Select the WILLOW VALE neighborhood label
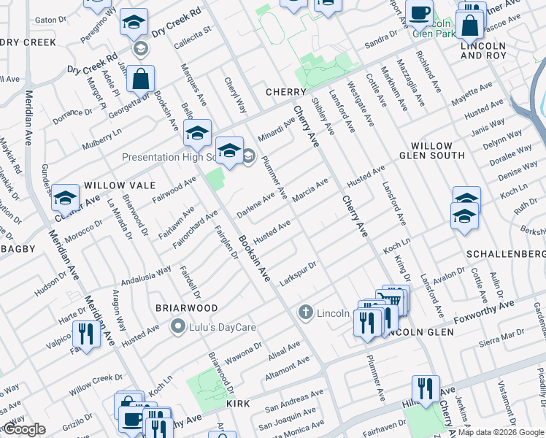[x=112, y=186]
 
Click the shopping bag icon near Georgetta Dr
[x=140, y=79]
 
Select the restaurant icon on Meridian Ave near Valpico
[x=88, y=335]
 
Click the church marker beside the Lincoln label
[x=307, y=313]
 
